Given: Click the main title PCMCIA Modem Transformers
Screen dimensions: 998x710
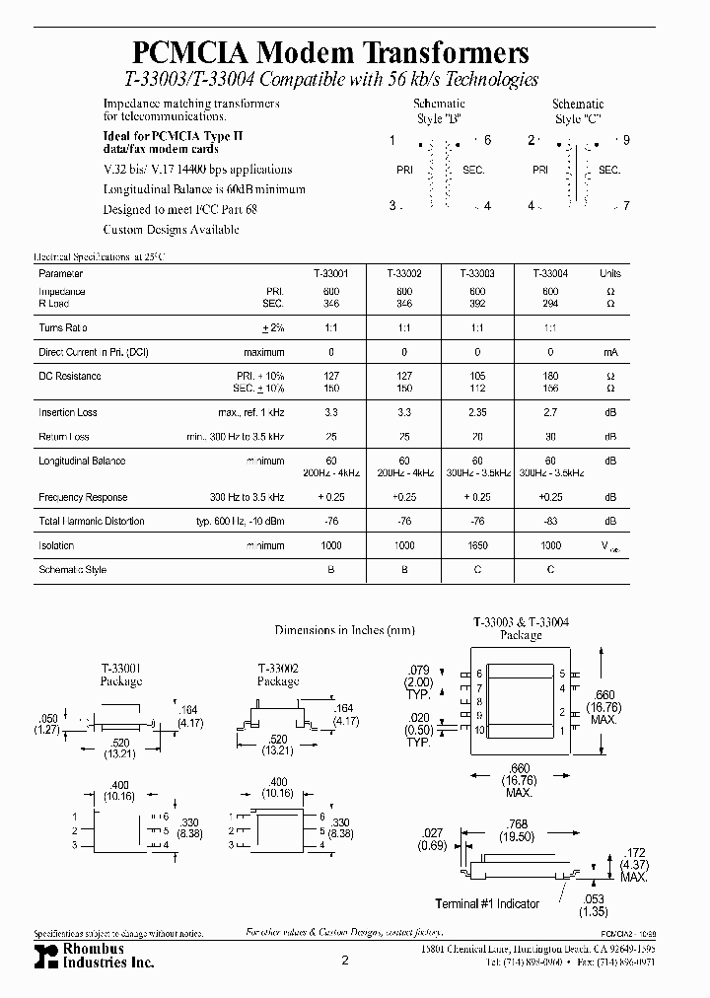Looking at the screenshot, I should [330, 53].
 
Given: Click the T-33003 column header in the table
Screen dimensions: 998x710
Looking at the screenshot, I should [477, 273].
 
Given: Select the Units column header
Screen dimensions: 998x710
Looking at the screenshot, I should [609, 273].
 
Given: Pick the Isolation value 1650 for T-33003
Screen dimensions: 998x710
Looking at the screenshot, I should [477, 545].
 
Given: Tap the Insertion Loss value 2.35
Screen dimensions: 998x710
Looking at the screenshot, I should [477, 412].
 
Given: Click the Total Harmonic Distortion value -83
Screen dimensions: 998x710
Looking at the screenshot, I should [549, 522].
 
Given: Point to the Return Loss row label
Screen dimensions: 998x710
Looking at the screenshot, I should [64, 437].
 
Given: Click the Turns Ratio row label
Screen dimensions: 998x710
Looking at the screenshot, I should [63, 326].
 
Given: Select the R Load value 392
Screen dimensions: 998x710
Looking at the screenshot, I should [477, 303].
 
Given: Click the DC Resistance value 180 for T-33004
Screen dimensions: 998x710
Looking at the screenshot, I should [549, 376].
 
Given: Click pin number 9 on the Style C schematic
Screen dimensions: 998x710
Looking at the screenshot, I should [626, 141].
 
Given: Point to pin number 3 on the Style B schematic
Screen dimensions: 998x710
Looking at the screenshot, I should [391, 206].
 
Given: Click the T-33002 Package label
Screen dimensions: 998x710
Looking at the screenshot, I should [278, 675].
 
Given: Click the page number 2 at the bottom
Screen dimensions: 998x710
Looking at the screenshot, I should [345, 960].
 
